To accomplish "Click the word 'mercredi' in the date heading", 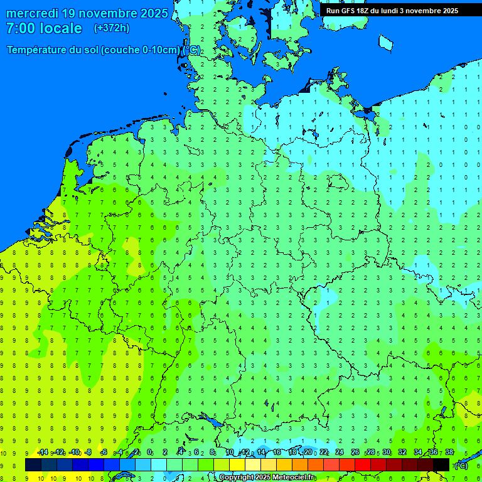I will (33, 13).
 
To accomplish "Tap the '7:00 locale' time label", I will (44, 28).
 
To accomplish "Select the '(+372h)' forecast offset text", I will (111, 28).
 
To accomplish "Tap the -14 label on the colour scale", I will (43, 453).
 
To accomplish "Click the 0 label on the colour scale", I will (149, 453).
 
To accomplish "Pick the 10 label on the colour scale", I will (230, 453).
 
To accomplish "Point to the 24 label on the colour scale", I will (340, 453).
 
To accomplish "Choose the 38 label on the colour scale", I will (449, 453).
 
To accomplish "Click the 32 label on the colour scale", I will (402, 453).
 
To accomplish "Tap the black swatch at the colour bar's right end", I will (441, 464).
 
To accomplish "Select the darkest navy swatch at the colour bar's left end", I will (33, 464).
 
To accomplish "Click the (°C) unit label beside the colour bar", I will (461, 465).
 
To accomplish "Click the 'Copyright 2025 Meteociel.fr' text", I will (266, 478).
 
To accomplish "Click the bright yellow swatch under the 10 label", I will (237, 464).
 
